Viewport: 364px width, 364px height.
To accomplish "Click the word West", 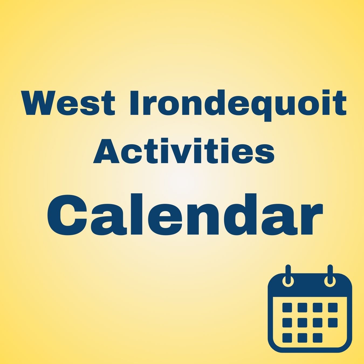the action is point(68,103).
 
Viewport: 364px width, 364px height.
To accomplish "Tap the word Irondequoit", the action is point(238,105).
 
